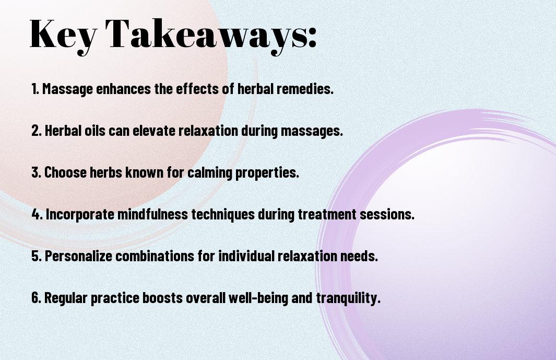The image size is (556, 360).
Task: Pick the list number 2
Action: click(x=37, y=131)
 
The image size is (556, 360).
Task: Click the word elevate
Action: click(x=154, y=131)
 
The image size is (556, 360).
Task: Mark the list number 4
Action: click(x=37, y=214)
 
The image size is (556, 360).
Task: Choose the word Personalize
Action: click(x=78, y=257)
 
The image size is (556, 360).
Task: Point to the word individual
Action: click(x=246, y=256)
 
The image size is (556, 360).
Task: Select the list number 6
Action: click(x=37, y=298)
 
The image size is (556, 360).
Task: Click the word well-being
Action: click(x=258, y=298)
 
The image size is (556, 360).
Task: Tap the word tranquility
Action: click(x=348, y=298)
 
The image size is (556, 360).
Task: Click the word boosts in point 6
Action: click(x=162, y=298)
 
